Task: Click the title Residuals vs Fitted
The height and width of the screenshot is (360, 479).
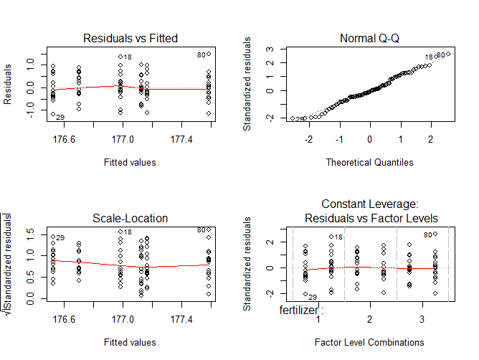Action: pyautogui.click(x=131, y=38)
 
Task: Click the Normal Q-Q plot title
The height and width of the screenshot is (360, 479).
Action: pyautogui.click(x=369, y=38)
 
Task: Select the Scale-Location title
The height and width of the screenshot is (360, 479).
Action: pyautogui.click(x=131, y=218)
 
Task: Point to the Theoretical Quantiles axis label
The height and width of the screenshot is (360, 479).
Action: pyautogui.click(x=369, y=162)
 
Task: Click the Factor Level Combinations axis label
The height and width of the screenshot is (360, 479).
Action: pyautogui.click(x=369, y=342)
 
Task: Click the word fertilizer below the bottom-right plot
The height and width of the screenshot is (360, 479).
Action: pyautogui.click(x=301, y=311)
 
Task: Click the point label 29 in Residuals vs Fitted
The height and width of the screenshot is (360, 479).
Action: pyautogui.click(x=60, y=117)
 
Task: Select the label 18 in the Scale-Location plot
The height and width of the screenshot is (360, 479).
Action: pyautogui.click(x=128, y=232)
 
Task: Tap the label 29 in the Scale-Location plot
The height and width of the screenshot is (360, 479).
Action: pyautogui.click(x=60, y=238)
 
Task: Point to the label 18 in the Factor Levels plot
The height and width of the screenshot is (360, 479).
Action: pyautogui.click(x=338, y=237)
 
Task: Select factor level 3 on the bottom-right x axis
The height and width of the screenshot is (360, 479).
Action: pyautogui.click(x=422, y=318)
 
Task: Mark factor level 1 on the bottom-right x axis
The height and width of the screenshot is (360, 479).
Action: pyautogui.click(x=318, y=318)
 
